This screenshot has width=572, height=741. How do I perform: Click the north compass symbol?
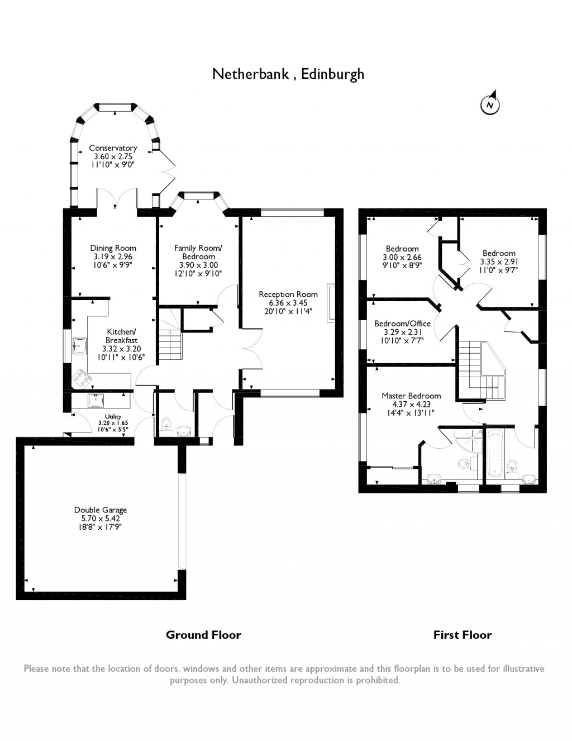[x=490, y=104]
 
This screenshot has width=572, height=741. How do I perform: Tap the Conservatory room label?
[x=113, y=148]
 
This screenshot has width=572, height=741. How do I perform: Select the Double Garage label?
[x=101, y=510]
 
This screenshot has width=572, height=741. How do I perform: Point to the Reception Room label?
[x=288, y=294]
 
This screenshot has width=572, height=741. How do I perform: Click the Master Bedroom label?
[x=411, y=396]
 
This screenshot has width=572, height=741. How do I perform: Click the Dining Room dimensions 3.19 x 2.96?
[x=113, y=256]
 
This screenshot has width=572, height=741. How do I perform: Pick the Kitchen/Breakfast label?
[x=121, y=335]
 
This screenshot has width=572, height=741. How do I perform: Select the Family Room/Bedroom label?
[x=198, y=252]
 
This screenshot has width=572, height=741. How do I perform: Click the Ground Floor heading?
[x=203, y=635]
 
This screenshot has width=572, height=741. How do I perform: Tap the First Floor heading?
[x=463, y=635]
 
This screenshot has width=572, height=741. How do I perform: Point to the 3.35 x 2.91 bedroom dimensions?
[x=499, y=262]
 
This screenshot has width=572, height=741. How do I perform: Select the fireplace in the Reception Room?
[x=331, y=303]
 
